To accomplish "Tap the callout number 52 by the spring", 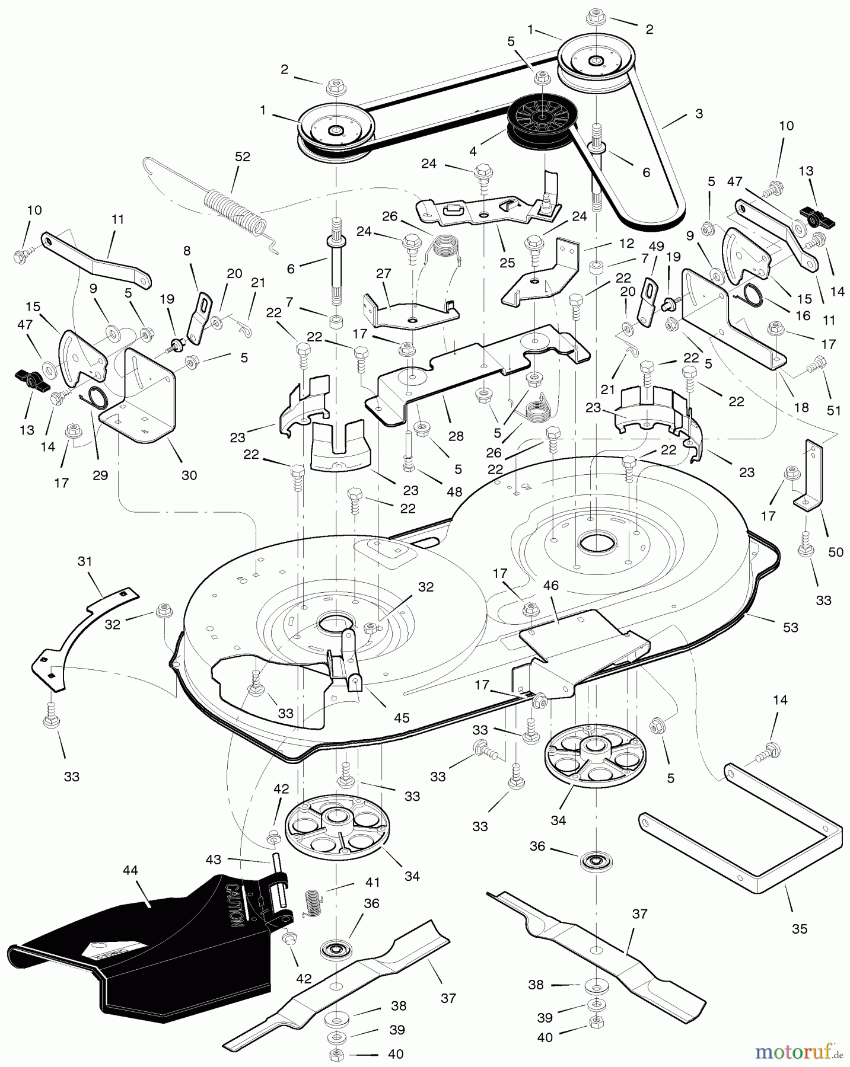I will (242, 157).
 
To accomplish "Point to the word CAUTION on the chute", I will (233, 905).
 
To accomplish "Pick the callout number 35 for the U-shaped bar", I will (799, 928).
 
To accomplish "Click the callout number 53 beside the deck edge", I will (790, 627).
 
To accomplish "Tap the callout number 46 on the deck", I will (551, 586).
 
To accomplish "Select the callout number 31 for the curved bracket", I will (85, 561).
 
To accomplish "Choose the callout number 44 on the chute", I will (130, 870).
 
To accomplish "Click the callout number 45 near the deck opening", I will (402, 717).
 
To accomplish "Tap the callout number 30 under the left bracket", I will (189, 475).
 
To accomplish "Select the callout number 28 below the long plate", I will (456, 436).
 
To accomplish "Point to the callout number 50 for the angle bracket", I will (835, 552).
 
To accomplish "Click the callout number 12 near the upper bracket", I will (626, 244).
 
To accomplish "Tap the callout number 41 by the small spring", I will (372, 882).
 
